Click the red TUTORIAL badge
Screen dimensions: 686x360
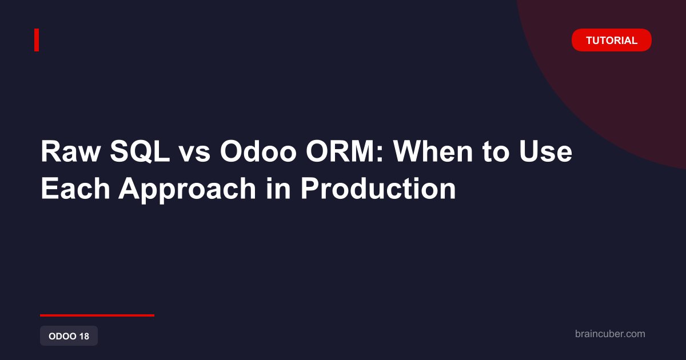click(x=611, y=40)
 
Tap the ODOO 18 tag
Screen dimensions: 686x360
click(x=69, y=336)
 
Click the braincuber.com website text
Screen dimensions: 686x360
click(x=610, y=334)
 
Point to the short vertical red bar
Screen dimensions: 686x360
click(x=37, y=40)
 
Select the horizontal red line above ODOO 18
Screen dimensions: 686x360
click(x=97, y=315)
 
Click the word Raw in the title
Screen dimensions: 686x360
click(x=71, y=151)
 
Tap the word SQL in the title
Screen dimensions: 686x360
click(x=140, y=151)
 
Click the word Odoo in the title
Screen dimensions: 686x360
click(x=258, y=151)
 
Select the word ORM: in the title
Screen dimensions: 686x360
click(x=345, y=151)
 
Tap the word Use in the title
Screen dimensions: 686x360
click(x=545, y=151)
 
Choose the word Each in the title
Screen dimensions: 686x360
click(x=75, y=188)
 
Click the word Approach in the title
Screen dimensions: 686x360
click(x=187, y=190)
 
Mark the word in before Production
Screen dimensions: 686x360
click(x=278, y=188)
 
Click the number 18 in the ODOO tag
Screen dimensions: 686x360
click(x=84, y=336)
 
